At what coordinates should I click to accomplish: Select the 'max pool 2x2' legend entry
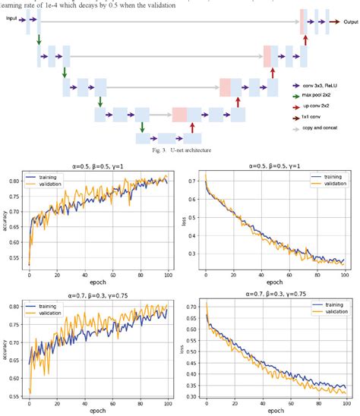point(324,97)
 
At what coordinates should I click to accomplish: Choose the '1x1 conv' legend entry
point(318,119)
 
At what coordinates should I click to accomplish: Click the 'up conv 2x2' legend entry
point(322,108)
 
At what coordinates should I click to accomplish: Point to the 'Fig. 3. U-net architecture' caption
point(179,150)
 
